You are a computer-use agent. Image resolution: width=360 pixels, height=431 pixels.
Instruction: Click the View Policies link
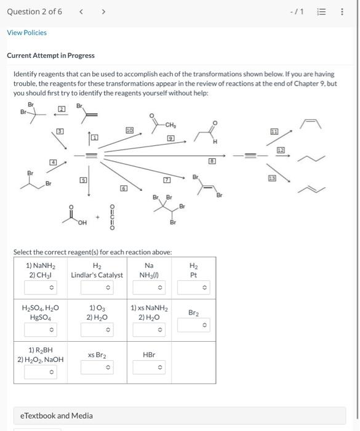pos(26,33)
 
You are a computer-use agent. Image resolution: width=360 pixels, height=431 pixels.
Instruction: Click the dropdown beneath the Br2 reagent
pos(193,325)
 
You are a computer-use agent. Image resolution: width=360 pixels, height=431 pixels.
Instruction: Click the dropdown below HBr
pos(150,368)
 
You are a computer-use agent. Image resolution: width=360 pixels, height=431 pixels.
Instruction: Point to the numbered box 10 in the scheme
pos(129,131)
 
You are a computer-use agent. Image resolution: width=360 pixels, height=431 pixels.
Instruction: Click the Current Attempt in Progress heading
pos(50,55)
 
